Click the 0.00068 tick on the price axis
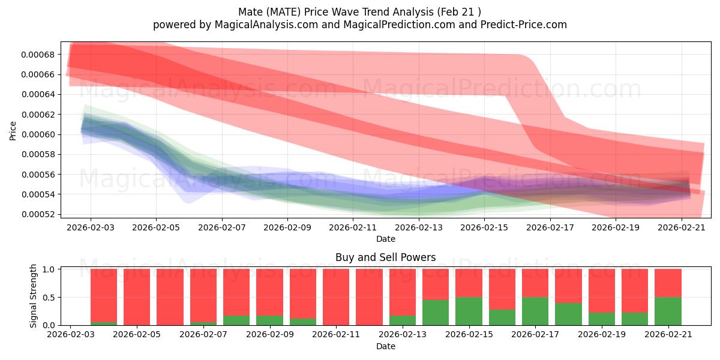point(38,55)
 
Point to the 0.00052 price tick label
point(38,214)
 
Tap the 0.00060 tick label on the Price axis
point(38,134)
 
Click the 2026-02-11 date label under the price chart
point(353,227)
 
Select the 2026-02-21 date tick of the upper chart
point(682,227)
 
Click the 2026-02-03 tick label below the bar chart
point(71,335)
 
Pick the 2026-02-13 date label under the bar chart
point(403,335)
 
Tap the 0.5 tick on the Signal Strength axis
point(49,298)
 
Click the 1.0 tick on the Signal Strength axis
point(49,269)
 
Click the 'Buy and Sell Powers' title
point(386,257)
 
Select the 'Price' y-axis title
point(13,131)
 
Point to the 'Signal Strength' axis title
point(33,296)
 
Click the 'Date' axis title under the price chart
point(386,239)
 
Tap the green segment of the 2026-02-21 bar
point(668,311)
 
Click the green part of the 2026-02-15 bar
point(469,311)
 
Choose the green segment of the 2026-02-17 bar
point(535,311)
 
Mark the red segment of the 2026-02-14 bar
point(436,284)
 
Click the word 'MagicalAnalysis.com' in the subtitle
point(266,25)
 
